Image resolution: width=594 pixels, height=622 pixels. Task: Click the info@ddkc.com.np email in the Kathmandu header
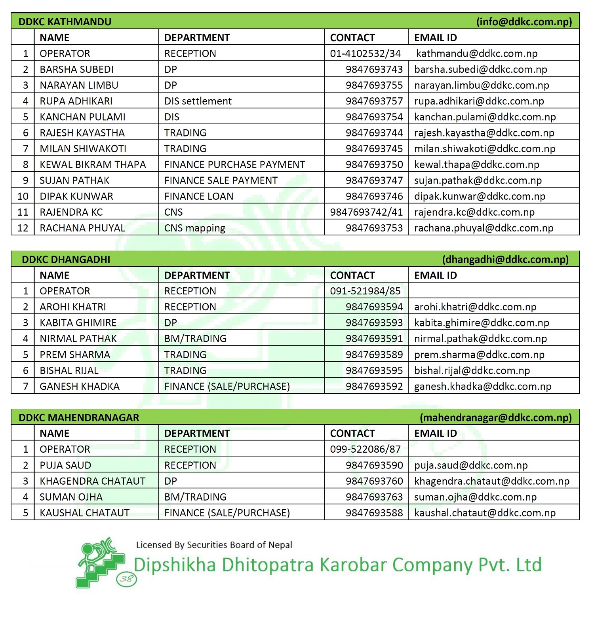tap(524, 22)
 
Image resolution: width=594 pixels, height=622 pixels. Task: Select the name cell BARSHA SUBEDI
tap(76, 69)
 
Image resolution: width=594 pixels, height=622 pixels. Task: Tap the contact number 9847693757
tap(374, 101)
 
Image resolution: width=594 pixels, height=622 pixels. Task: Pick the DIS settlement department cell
tap(198, 101)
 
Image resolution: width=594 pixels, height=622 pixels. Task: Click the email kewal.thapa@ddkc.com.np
tap(476, 165)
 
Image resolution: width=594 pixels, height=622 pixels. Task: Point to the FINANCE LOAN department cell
tap(199, 196)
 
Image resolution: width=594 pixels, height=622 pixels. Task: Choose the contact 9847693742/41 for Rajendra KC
tap(366, 212)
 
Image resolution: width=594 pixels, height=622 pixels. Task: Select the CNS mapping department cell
tap(194, 228)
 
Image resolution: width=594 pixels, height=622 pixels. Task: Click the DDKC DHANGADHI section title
tap(66, 260)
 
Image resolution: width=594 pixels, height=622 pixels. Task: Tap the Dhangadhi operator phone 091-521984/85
tap(365, 291)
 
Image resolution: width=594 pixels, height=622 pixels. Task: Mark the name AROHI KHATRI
tap(73, 307)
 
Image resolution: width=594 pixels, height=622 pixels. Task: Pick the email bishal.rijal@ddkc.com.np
tap(472, 370)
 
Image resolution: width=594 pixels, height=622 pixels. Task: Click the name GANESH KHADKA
tap(80, 386)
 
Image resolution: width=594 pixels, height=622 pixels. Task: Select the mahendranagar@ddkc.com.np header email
tap(495, 418)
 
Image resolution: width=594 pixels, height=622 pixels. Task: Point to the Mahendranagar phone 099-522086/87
tap(365, 449)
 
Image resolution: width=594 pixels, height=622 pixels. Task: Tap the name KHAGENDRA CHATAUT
tap(92, 481)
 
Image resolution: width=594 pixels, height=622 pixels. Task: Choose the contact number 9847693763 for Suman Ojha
tap(374, 497)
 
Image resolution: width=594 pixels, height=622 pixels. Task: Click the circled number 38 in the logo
tap(126, 579)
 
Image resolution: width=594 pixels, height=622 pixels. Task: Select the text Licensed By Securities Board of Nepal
tap(214, 545)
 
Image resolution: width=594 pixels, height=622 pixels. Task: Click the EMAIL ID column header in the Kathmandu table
tap(435, 38)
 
